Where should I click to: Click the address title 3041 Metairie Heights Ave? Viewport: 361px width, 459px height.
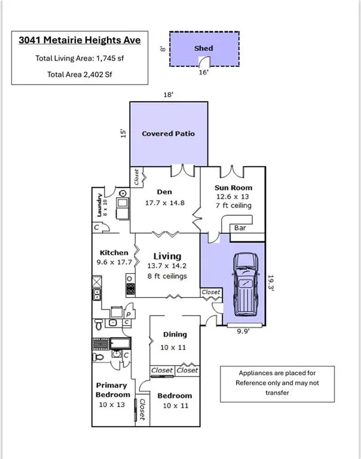79,40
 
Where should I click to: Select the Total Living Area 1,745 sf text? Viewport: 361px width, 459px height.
79,58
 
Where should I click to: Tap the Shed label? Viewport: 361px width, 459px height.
203,48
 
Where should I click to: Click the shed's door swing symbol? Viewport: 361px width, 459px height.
204,61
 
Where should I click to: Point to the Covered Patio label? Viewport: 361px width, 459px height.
169,133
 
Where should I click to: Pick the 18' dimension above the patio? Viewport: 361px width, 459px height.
169,94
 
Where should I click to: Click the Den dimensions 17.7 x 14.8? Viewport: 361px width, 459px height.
165,203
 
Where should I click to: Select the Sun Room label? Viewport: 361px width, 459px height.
233,188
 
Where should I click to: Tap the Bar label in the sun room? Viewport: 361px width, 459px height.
240,228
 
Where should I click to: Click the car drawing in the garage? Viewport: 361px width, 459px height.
246,284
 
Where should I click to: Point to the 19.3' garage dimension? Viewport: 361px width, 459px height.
271,283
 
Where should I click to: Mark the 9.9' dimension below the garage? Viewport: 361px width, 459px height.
243,331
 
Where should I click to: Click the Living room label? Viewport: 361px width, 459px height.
167,256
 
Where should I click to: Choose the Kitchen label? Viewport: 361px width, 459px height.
114,253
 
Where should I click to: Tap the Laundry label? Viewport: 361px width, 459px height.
99,205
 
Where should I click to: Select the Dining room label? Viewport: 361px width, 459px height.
175,334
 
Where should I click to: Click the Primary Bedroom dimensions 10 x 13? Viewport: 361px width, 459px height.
112,405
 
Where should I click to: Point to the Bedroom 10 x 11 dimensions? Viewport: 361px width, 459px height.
176,405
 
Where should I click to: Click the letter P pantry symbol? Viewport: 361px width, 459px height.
129,315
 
